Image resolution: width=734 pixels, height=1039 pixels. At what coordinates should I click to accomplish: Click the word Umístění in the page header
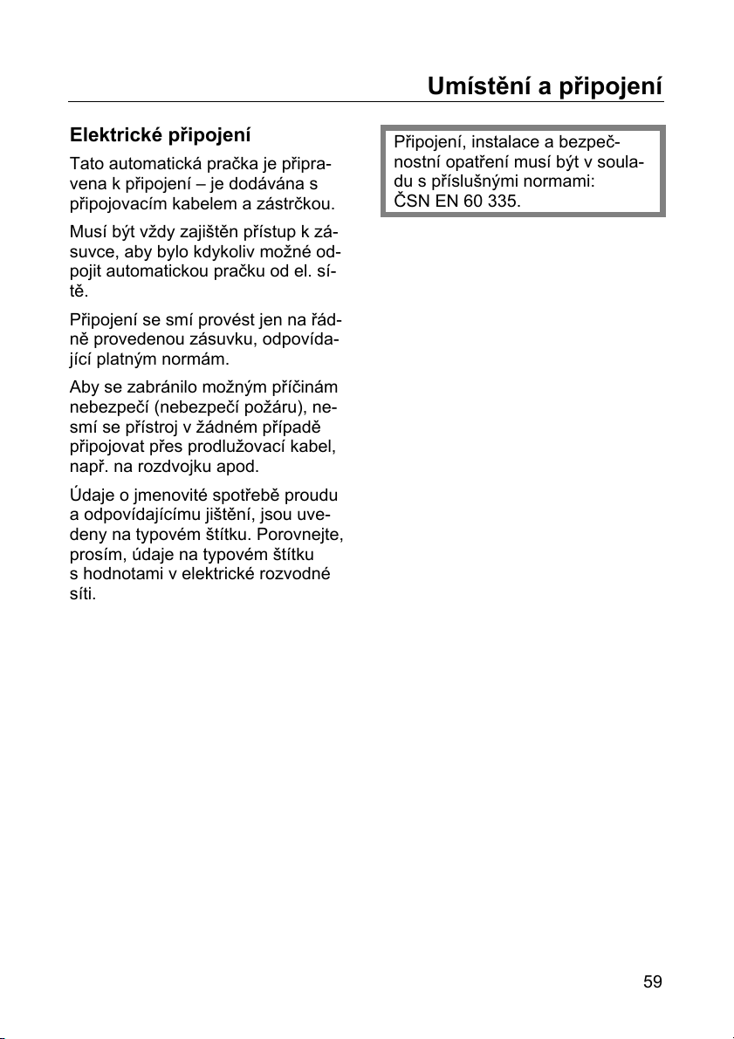pos(472,87)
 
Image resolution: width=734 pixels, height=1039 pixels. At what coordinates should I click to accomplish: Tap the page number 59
pos(653,981)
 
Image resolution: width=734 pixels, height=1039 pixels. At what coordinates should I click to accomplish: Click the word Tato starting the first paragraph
pos(86,164)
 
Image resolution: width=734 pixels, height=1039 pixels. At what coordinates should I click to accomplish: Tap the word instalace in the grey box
pos(504,142)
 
